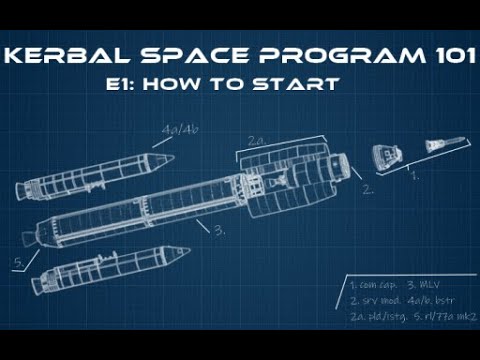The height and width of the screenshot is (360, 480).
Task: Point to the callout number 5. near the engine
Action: pos(18,263)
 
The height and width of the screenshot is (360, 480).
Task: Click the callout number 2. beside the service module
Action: pos(367,188)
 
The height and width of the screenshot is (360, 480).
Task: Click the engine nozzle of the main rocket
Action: pos(27,238)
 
